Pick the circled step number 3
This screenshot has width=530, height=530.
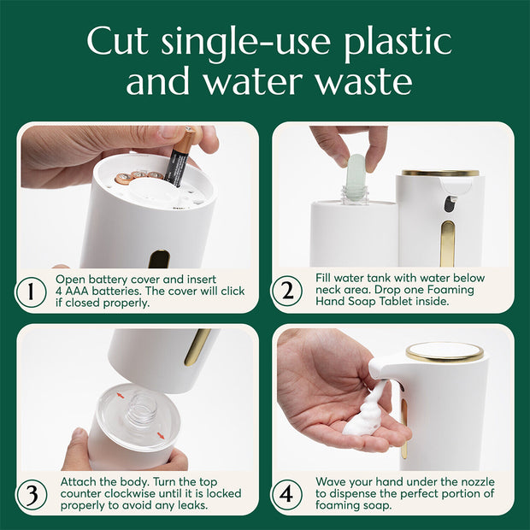(32, 494)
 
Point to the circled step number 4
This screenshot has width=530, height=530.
(288, 494)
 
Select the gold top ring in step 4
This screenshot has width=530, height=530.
(444, 351)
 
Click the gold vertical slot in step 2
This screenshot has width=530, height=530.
(448, 243)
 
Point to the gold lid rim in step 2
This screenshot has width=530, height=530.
(440, 173)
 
